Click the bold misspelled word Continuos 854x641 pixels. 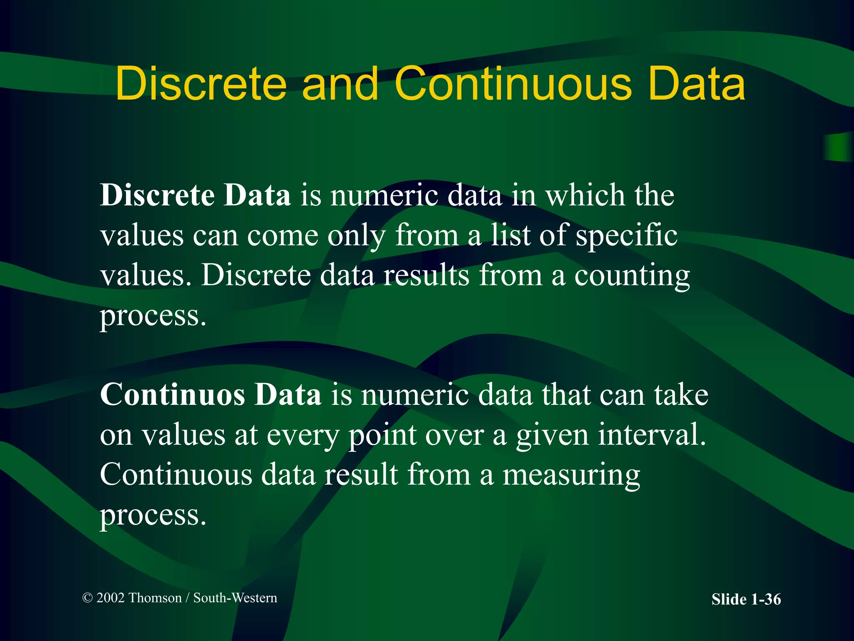pyautogui.click(x=172, y=394)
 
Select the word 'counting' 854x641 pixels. pyautogui.click(x=632, y=276)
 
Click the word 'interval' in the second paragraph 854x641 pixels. pyautogui.click(x=652, y=435)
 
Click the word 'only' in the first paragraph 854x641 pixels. pyautogui.click(x=357, y=236)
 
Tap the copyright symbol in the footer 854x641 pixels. pyautogui.click(x=88, y=598)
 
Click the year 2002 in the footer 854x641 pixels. pyautogui.click(x=111, y=598)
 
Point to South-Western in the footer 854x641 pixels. pyautogui.click(x=235, y=598)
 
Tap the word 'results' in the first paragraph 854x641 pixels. pyautogui.click(x=426, y=276)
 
